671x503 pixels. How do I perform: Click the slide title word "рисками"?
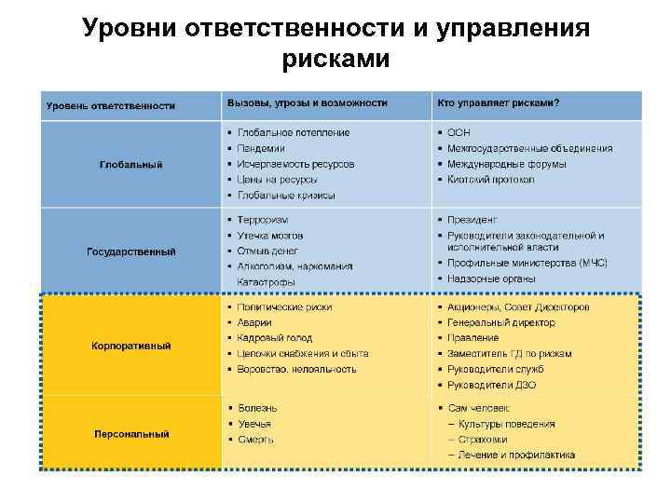(x=335, y=60)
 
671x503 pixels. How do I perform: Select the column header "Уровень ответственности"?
(x=111, y=105)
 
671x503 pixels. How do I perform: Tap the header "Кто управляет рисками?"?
(x=504, y=102)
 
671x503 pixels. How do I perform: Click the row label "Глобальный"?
(x=130, y=164)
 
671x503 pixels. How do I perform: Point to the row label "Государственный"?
(x=130, y=251)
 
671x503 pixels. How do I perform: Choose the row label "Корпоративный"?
(x=130, y=346)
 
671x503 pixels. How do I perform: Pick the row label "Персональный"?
(x=130, y=433)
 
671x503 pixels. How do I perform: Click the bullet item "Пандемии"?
(x=261, y=148)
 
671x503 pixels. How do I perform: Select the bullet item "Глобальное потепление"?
(x=294, y=132)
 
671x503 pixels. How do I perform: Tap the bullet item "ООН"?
(x=459, y=132)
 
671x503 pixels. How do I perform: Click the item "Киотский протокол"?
(x=490, y=180)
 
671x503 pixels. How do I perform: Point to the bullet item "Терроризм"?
(x=264, y=220)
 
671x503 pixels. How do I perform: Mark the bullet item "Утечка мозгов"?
(x=270, y=236)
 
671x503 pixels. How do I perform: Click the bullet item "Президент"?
(x=472, y=220)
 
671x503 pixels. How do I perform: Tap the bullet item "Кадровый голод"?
(x=275, y=338)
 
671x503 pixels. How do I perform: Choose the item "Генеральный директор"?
(x=500, y=322)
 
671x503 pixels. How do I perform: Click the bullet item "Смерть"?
(x=255, y=440)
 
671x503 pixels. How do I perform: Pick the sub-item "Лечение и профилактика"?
(x=516, y=455)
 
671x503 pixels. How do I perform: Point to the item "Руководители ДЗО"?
(x=491, y=386)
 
